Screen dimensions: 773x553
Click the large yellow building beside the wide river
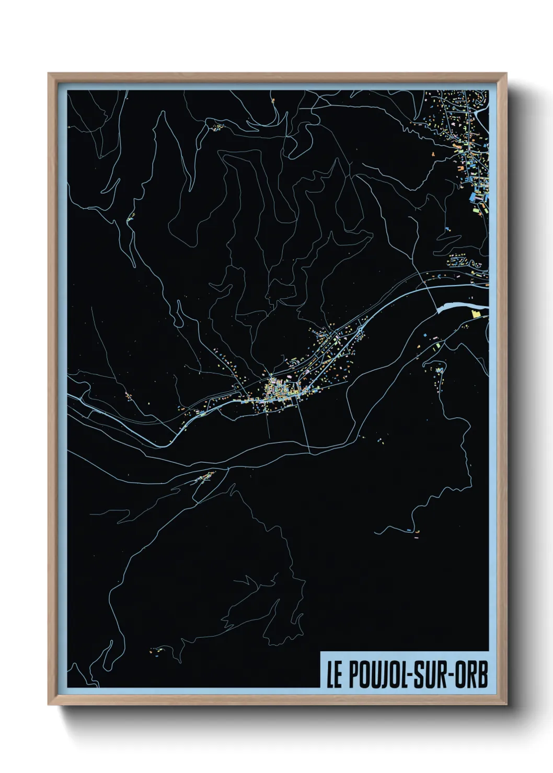tap(476, 314)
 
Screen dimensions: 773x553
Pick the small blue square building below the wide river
tap(425, 334)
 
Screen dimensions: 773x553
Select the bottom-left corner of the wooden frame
tap(49, 704)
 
